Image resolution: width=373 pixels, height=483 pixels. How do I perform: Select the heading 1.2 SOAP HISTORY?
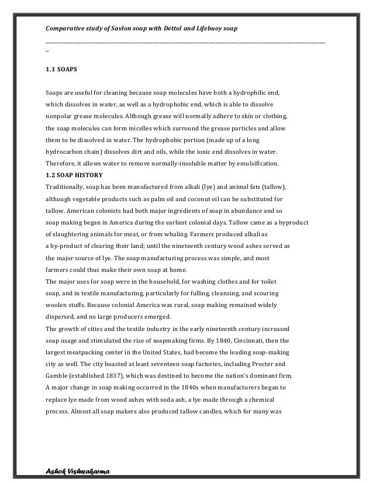coord(74,175)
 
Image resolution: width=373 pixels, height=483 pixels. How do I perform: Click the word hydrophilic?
coord(250,92)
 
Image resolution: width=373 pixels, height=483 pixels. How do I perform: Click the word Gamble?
coord(58,375)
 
